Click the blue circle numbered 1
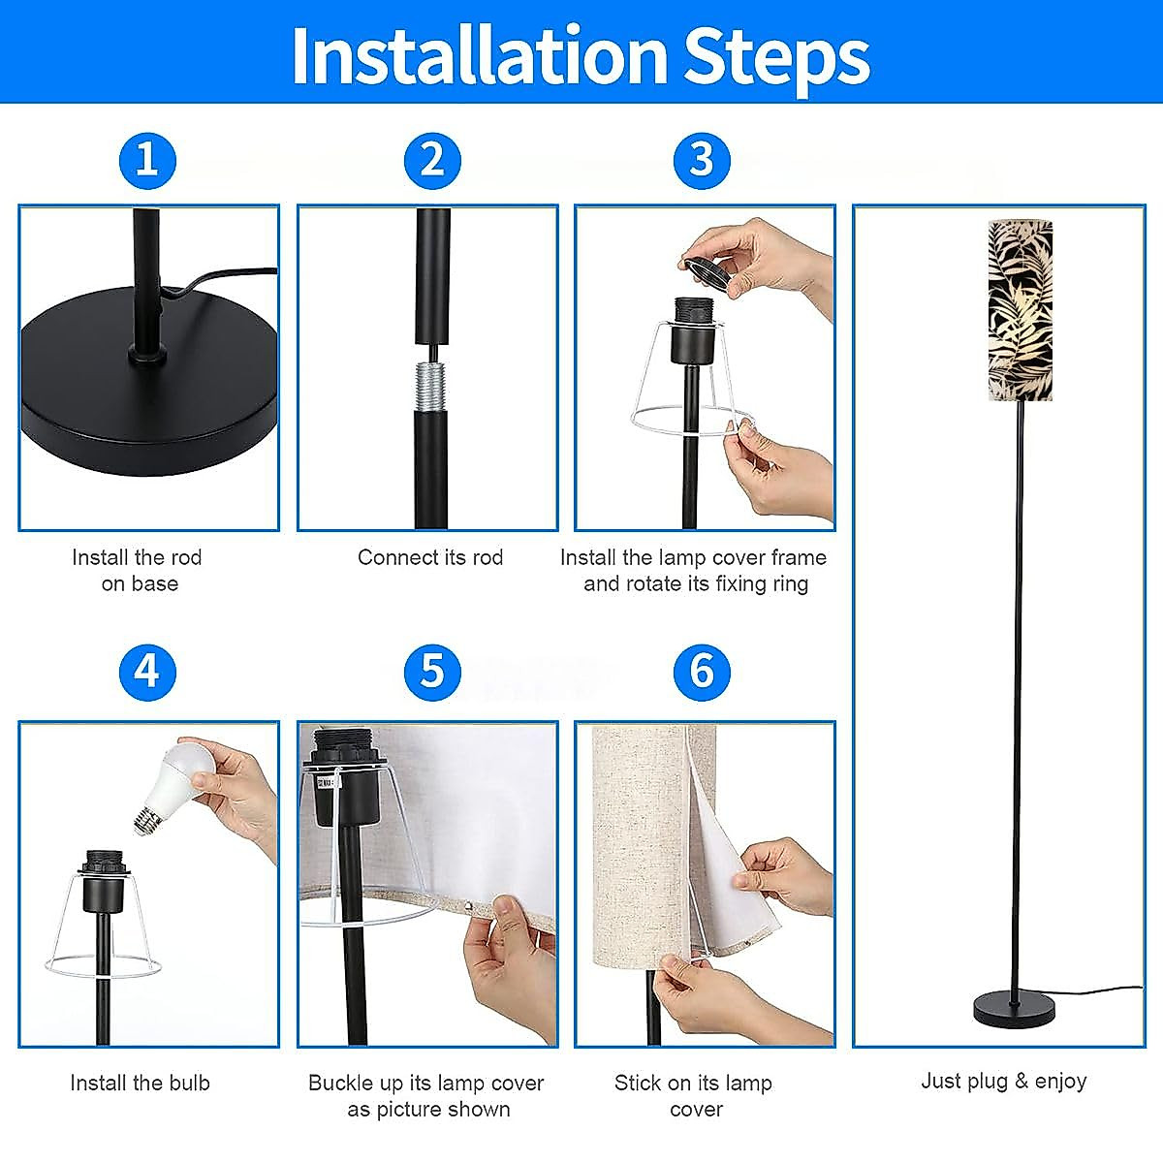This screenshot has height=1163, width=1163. [148, 161]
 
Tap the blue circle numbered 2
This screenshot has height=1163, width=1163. [432, 161]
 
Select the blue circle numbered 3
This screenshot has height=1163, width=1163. [702, 161]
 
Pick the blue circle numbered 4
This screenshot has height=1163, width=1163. [148, 673]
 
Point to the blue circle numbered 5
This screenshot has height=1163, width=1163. [432, 673]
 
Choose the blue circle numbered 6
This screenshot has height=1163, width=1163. [702, 673]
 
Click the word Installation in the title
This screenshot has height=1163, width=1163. [479, 55]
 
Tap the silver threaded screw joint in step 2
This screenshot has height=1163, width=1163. [431, 386]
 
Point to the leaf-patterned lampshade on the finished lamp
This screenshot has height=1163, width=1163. [1020, 309]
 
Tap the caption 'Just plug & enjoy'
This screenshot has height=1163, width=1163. [1004, 1081]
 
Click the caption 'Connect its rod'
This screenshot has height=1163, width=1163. [430, 557]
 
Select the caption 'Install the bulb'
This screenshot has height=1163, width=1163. [140, 1083]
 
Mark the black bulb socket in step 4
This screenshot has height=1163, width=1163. [103, 882]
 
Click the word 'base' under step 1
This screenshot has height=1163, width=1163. [155, 583]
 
